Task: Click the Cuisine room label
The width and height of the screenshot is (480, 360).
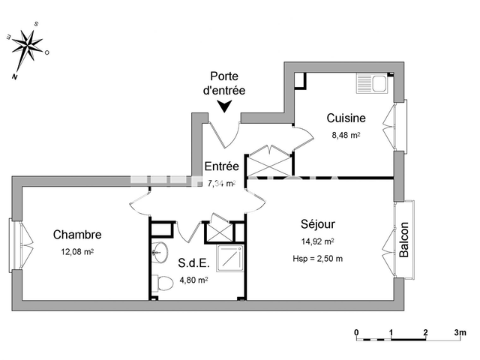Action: pyautogui.click(x=346, y=118)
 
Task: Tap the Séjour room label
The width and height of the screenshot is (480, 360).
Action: pyautogui.click(x=317, y=223)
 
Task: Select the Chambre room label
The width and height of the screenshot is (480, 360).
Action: pyautogui.click(x=77, y=234)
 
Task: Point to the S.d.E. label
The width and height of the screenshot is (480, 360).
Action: pyautogui.click(x=193, y=263)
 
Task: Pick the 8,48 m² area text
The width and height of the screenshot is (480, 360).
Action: pyautogui.click(x=346, y=136)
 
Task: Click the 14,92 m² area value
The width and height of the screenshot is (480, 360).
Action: pyautogui.click(x=317, y=241)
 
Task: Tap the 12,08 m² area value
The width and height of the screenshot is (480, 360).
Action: pyautogui.click(x=77, y=251)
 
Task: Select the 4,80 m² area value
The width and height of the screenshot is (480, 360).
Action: pyautogui.click(x=193, y=280)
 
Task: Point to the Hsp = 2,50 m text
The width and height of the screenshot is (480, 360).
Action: pyautogui.click(x=317, y=259)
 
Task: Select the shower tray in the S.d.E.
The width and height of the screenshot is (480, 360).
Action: pyautogui.click(x=229, y=258)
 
